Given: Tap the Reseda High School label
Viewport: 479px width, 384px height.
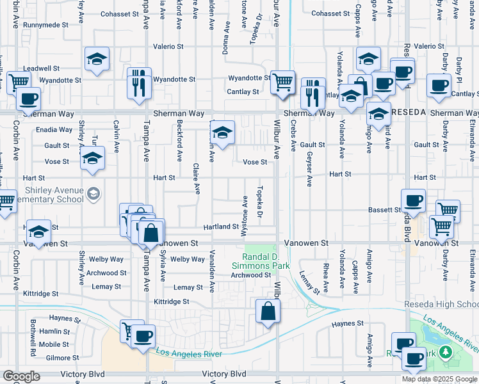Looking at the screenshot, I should click(x=442, y=304).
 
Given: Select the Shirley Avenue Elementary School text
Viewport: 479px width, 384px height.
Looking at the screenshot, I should click(x=45, y=195).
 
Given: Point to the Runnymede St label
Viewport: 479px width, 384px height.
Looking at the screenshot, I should click(x=45, y=25).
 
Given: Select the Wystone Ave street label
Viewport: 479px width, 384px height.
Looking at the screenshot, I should click(x=245, y=218).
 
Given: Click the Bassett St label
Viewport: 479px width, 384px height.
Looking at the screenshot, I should click(x=384, y=210).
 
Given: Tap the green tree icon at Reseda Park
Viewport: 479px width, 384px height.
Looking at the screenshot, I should click(x=445, y=352).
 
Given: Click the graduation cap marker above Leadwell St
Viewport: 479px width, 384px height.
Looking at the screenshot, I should click(x=97, y=60).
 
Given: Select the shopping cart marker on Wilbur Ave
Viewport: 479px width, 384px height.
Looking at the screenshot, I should click(x=282, y=83).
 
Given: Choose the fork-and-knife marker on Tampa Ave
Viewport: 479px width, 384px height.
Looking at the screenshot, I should click(x=139, y=83).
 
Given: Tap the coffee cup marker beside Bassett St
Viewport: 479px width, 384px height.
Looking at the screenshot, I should click(x=413, y=201).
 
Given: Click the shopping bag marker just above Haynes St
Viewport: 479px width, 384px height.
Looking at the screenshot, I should click(x=268, y=311).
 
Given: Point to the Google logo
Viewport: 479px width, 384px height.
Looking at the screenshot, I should click(x=21, y=376).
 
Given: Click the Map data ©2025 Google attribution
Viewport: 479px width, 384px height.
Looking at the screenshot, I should click(x=439, y=379).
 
